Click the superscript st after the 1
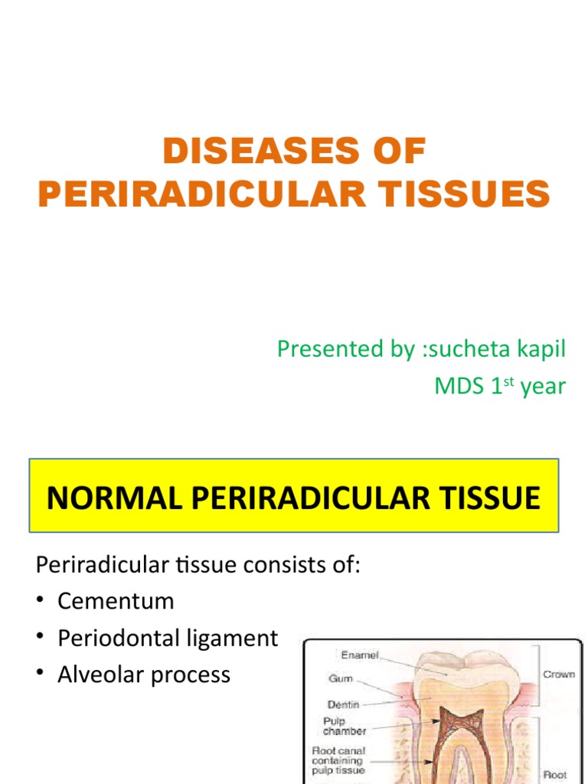(508, 380)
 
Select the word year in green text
(543, 387)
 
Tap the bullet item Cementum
(116, 601)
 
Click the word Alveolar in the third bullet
(103, 675)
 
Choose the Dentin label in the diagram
(344, 704)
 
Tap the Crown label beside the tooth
(559, 675)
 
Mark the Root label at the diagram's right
(556, 775)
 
